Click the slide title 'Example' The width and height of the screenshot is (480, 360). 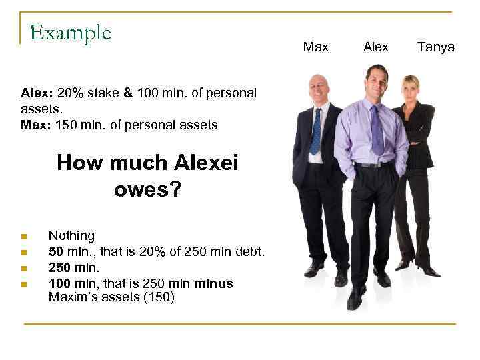coord(70,32)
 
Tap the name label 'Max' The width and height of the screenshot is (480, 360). coord(315,47)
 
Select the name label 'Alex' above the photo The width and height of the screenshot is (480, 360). coord(376,47)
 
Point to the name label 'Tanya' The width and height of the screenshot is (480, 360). coord(435,47)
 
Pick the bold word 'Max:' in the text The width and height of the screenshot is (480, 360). coord(35,125)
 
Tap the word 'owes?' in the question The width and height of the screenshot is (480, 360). coord(147,189)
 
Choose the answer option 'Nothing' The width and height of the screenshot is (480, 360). coord(71,236)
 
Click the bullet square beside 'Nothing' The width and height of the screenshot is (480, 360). coord(23,237)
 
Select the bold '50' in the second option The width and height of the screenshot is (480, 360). coord(56,252)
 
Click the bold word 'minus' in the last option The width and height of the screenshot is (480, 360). coord(213,284)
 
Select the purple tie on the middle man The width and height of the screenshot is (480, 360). coord(377,130)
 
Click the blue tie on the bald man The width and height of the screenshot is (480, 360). coord(316,131)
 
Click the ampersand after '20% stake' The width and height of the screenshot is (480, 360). coord(128,93)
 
